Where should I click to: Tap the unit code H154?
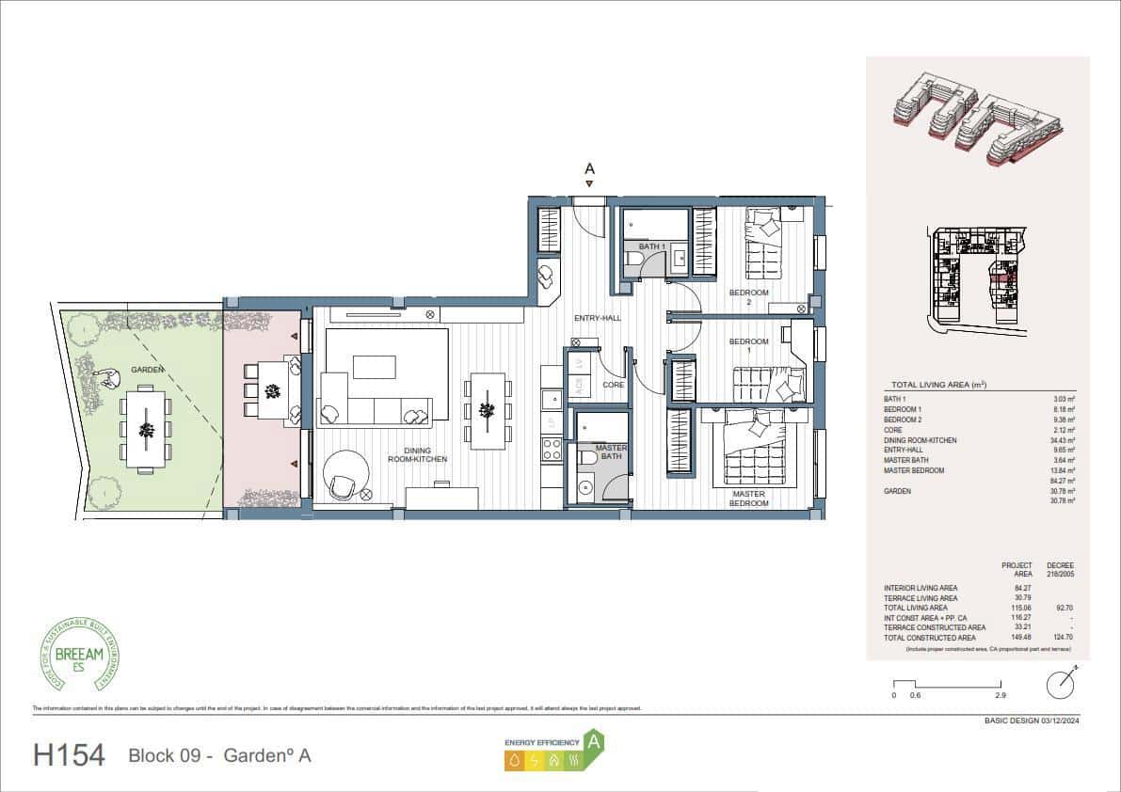pyautogui.click(x=69, y=755)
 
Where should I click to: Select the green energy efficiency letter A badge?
pyautogui.click(x=593, y=742)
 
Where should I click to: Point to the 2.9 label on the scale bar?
pyautogui.click(x=1001, y=696)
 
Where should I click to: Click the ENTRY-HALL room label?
pyautogui.click(x=598, y=319)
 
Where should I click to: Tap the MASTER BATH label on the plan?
pyautogui.click(x=612, y=452)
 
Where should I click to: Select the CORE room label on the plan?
pyautogui.click(x=613, y=385)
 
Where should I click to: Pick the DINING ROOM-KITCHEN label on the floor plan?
pyautogui.click(x=416, y=454)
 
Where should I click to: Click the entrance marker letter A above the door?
pyautogui.click(x=590, y=169)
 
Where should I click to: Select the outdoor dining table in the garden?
pyautogui.click(x=146, y=431)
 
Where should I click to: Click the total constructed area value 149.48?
pyautogui.click(x=1019, y=637)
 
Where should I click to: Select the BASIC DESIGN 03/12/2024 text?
pyautogui.click(x=1029, y=721)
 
